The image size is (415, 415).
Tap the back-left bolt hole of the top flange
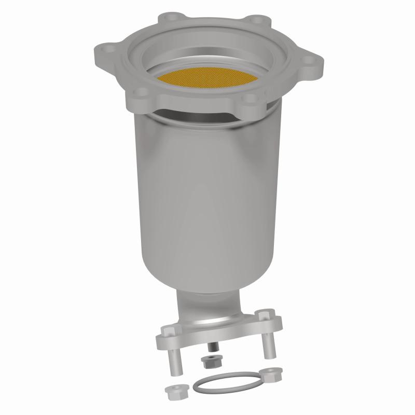(x=169, y=18)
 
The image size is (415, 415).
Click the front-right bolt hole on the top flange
(x=249, y=96)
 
